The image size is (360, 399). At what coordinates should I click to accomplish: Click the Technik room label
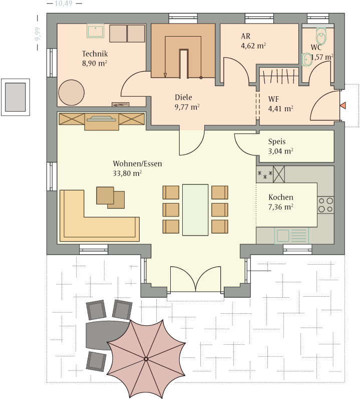(95, 54)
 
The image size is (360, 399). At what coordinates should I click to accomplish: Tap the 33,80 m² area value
(127, 173)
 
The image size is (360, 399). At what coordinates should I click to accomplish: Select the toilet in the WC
(321, 36)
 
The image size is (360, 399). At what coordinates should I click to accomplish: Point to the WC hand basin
(307, 60)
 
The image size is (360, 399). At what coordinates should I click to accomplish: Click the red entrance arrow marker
(342, 105)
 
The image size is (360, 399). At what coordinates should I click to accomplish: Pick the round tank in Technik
(71, 93)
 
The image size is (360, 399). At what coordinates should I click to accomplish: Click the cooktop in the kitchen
(325, 205)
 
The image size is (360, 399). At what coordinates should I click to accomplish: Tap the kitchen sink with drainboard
(291, 236)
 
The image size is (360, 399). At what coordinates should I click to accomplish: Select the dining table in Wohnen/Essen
(195, 210)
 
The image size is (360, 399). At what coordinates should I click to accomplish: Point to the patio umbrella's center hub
(146, 359)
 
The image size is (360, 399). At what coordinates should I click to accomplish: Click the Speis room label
(277, 141)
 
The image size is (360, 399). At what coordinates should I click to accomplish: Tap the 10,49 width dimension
(64, 4)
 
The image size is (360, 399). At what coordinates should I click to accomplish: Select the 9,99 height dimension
(38, 34)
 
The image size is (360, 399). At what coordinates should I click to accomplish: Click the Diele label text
(183, 97)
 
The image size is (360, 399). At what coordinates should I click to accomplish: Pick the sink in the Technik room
(95, 31)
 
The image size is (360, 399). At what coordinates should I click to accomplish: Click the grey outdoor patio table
(107, 335)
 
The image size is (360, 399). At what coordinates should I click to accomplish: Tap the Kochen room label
(281, 197)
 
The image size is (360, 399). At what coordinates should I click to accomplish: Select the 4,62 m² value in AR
(253, 46)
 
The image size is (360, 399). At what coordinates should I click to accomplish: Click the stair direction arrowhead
(165, 75)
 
